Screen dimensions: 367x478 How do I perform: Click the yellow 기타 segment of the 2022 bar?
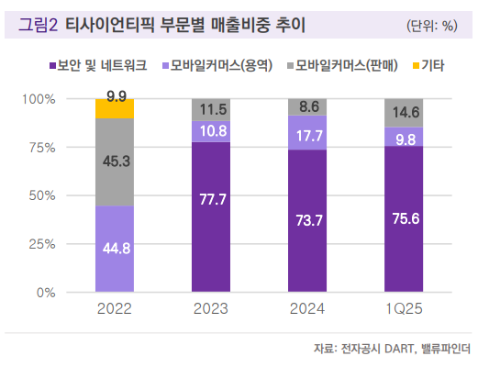point(115,109)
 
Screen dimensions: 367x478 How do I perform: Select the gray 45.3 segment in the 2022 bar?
point(115,162)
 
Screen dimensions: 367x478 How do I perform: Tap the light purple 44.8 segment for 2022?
point(115,249)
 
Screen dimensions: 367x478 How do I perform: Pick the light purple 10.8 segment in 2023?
point(212,131)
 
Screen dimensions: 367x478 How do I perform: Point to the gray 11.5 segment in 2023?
point(212,109)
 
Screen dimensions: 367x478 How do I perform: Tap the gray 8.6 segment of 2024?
point(308,106)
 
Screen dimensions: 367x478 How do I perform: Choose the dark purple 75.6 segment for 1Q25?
point(405,219)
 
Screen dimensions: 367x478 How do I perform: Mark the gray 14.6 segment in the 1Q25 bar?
point(405,113)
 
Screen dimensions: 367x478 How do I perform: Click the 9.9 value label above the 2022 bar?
point(117,95)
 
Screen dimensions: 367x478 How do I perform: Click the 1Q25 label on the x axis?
point(405,308)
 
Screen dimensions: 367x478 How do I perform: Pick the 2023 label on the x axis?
point(212,308)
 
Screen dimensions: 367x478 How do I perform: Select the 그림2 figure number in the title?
point(39,25)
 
